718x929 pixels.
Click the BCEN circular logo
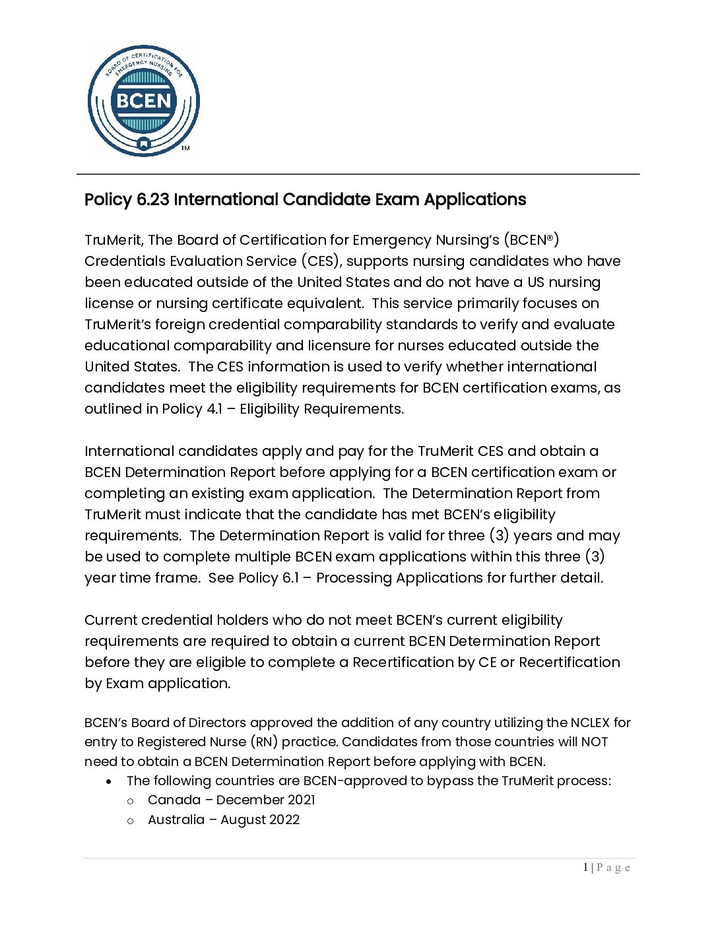tap(143, 101)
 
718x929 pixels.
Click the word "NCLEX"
tap(591, 723)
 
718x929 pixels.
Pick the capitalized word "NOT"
tap(594, 742)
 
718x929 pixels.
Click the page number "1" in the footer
tap(585, 868)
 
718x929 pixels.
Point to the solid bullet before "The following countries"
tap(109, 781)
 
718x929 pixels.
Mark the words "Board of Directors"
tap(189, 723)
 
